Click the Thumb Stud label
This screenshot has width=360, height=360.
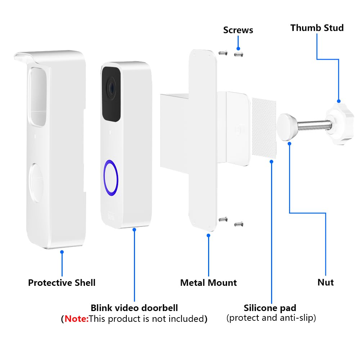[x=317, y=28]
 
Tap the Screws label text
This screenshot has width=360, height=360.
[x=238, y=30]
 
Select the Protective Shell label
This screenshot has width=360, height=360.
[x=62, y=283]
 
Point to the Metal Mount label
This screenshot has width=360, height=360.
[x=208, y=283]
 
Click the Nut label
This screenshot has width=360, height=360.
[x=325, y=283]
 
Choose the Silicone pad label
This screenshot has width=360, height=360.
[x=270, y=308]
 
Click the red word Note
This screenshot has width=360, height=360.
[x=76, y=319]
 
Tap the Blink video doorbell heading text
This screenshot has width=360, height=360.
[x=134, y=308]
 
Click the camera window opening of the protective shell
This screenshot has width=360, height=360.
[x=37, y=95]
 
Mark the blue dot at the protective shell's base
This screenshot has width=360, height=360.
[x=62, y=252]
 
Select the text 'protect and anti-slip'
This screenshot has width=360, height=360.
[x=271, y=318]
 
